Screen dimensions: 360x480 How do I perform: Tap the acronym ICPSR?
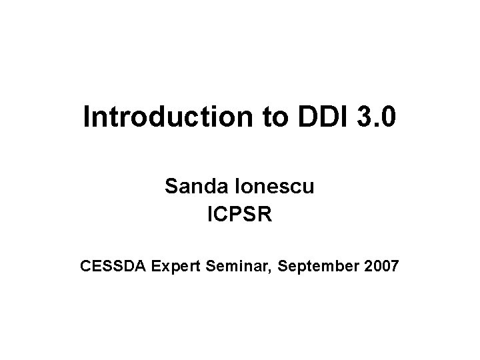pyautogui.click(x=240, y=216)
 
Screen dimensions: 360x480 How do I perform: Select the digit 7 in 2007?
pyautogui.click(x=394, y=267)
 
